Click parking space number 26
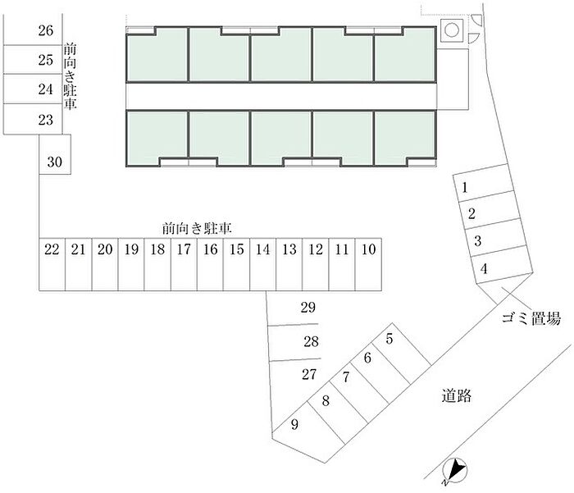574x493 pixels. coord(33,30)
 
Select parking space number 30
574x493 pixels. coord(55,154)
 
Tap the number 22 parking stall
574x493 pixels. coord(52,264)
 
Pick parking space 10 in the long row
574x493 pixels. coord(369,264)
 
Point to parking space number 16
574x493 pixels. coord(210,264)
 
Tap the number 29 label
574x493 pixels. coord(307,308)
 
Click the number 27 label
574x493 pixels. coord(309,374)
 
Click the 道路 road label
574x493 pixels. coord(456,395)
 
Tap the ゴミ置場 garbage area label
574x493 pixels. coord(531,318)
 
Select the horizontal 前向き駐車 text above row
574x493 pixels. coord(197,229)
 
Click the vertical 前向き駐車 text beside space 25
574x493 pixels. coord(70,75)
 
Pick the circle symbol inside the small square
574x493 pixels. coord(452,30)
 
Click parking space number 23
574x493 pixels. coord(33,119)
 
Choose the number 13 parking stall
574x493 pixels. coord(289,264)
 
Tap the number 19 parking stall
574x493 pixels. coord(131,264)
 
